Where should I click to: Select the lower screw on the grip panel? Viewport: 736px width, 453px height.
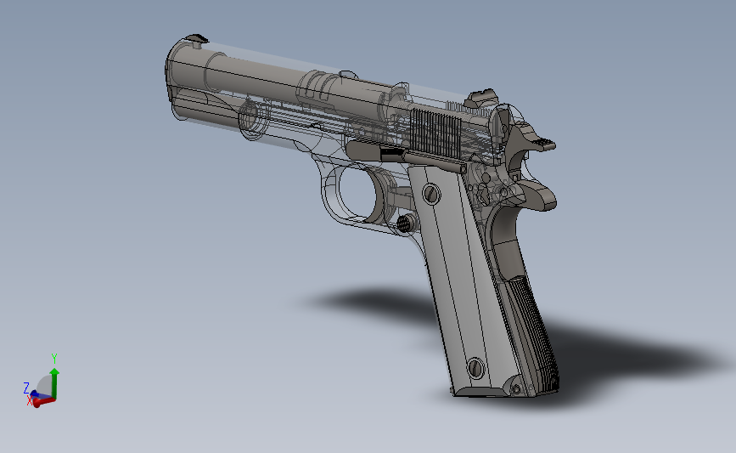(475, 368)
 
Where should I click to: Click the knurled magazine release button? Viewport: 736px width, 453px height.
(407, 224)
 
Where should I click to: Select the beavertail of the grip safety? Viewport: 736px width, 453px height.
(540, 199)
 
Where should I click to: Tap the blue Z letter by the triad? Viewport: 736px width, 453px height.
(26, 388)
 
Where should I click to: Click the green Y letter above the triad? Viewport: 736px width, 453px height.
(54, 359)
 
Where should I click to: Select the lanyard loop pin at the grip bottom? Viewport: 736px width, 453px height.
(514, 388)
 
